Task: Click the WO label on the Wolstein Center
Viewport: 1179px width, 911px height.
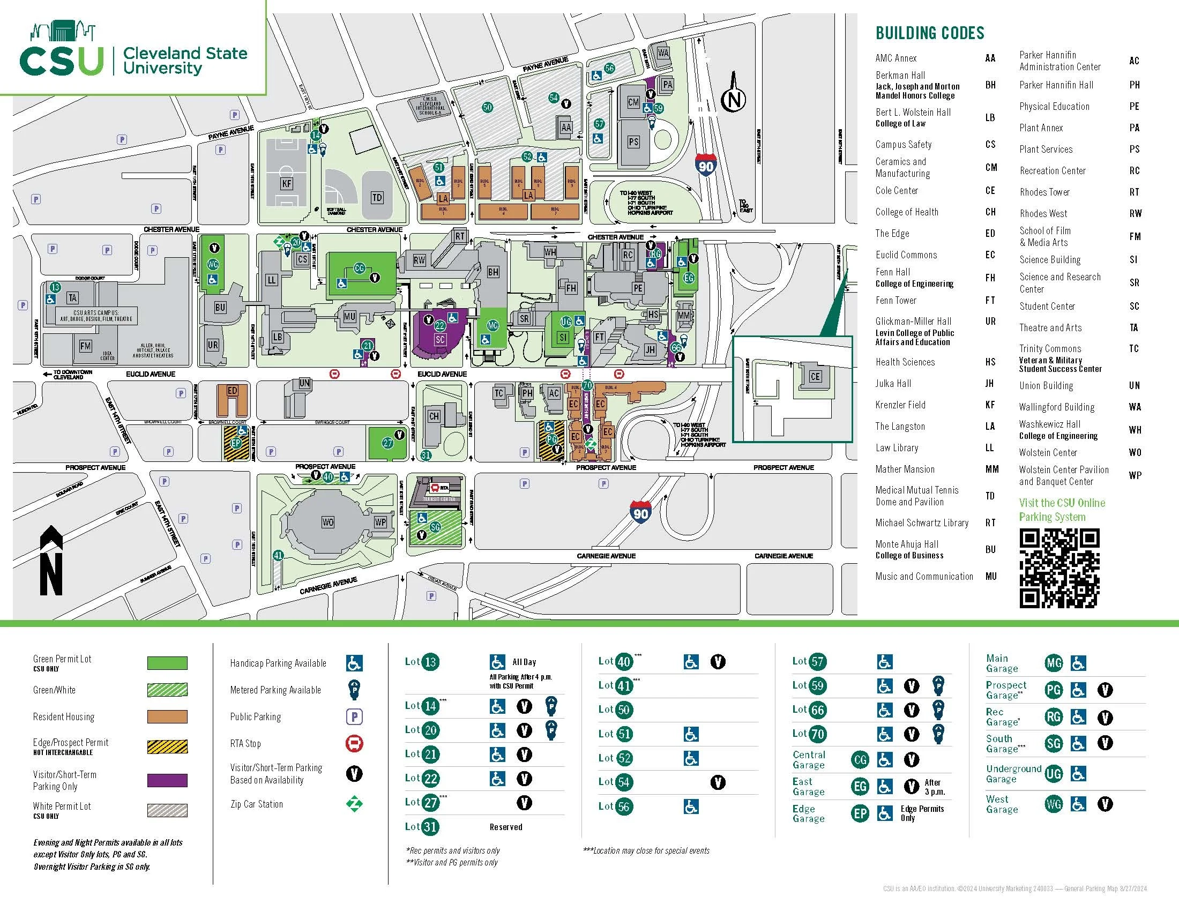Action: click(327, 522)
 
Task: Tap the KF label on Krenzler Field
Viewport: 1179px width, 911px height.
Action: click(287, 183)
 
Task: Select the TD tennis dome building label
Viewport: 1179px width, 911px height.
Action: click(377, 198)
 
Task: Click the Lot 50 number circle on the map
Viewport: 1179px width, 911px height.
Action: click(488, 107)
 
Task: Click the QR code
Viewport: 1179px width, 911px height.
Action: click(1059, 568)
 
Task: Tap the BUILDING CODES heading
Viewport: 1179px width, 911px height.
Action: click(930, 33)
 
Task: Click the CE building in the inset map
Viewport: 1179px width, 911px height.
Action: click(815, 376)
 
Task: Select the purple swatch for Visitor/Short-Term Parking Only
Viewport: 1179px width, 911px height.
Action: click(167, 780)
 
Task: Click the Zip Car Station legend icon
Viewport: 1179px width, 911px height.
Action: click(354, 804)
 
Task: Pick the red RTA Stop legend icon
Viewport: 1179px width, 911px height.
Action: click(354, 744)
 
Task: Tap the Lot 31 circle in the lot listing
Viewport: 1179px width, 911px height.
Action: click(430, 827)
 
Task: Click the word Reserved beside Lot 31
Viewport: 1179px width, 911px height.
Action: click(506, 827)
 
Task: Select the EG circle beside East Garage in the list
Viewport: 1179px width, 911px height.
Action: click(860, 787)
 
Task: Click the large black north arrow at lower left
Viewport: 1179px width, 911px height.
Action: click(51, 561)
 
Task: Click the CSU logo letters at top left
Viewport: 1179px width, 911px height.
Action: click(61, 61)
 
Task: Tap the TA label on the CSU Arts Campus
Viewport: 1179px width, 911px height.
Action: click(72, 298)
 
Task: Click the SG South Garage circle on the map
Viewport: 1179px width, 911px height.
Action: click(435, 527)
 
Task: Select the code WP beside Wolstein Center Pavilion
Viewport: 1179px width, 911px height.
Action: click(1135, 475)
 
